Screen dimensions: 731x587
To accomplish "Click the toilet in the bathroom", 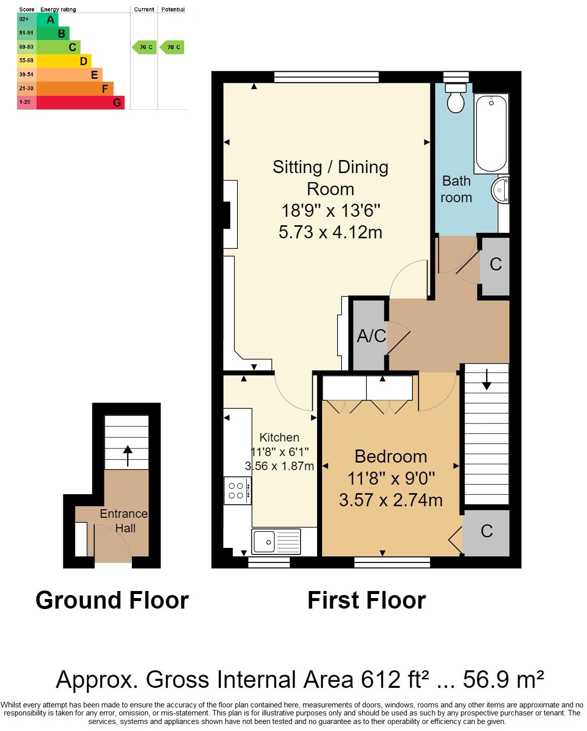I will [x=457, y=98].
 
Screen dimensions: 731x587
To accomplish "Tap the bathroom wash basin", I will [x=500, y=190].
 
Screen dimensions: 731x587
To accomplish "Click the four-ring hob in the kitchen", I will [x=237, y=491].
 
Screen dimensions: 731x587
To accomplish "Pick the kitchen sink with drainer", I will [x=276, y=542].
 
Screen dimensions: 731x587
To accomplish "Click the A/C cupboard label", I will [x=371, y=336].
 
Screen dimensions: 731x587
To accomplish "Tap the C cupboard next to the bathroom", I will [x=495, y=264].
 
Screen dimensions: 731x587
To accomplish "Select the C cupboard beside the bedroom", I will [x=486, y=531].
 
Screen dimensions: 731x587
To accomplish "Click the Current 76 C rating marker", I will [x=144, y=47].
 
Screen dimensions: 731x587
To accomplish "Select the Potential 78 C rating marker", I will [x=173, y=47].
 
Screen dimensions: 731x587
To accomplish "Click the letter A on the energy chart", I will [x=50, y=20].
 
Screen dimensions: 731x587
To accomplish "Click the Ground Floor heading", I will [x=112, y=600].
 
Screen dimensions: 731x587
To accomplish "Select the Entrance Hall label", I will [x=124, y=521].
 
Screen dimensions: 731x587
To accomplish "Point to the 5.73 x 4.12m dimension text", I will [x=330, y=232].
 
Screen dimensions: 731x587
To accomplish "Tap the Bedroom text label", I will [x=390, y=457].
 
